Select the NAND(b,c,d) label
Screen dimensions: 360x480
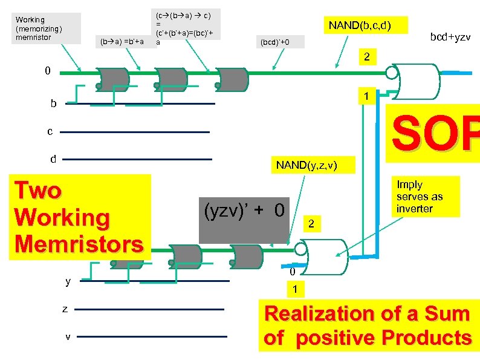coord(360,25)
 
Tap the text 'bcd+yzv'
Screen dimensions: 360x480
coord(450,38)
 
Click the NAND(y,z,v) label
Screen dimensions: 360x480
coord(306,165)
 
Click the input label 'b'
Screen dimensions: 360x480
coord(53,103)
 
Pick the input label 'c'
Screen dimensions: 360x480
coord(51,131)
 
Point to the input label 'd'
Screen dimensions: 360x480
coord(53,159)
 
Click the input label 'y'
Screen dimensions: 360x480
coord(68,281)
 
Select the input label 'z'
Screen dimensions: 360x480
coord(65,309)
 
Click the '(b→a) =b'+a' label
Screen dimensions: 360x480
coord(122,41)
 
